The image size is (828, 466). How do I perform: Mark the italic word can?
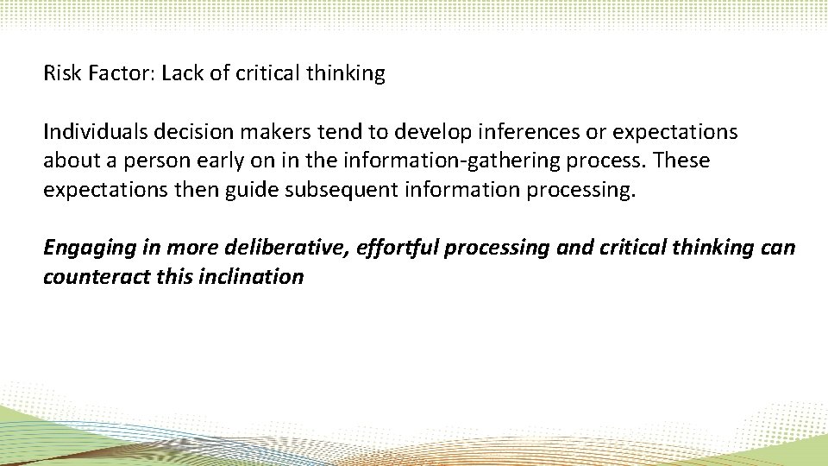pyautogui.click(x=780, y=248)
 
